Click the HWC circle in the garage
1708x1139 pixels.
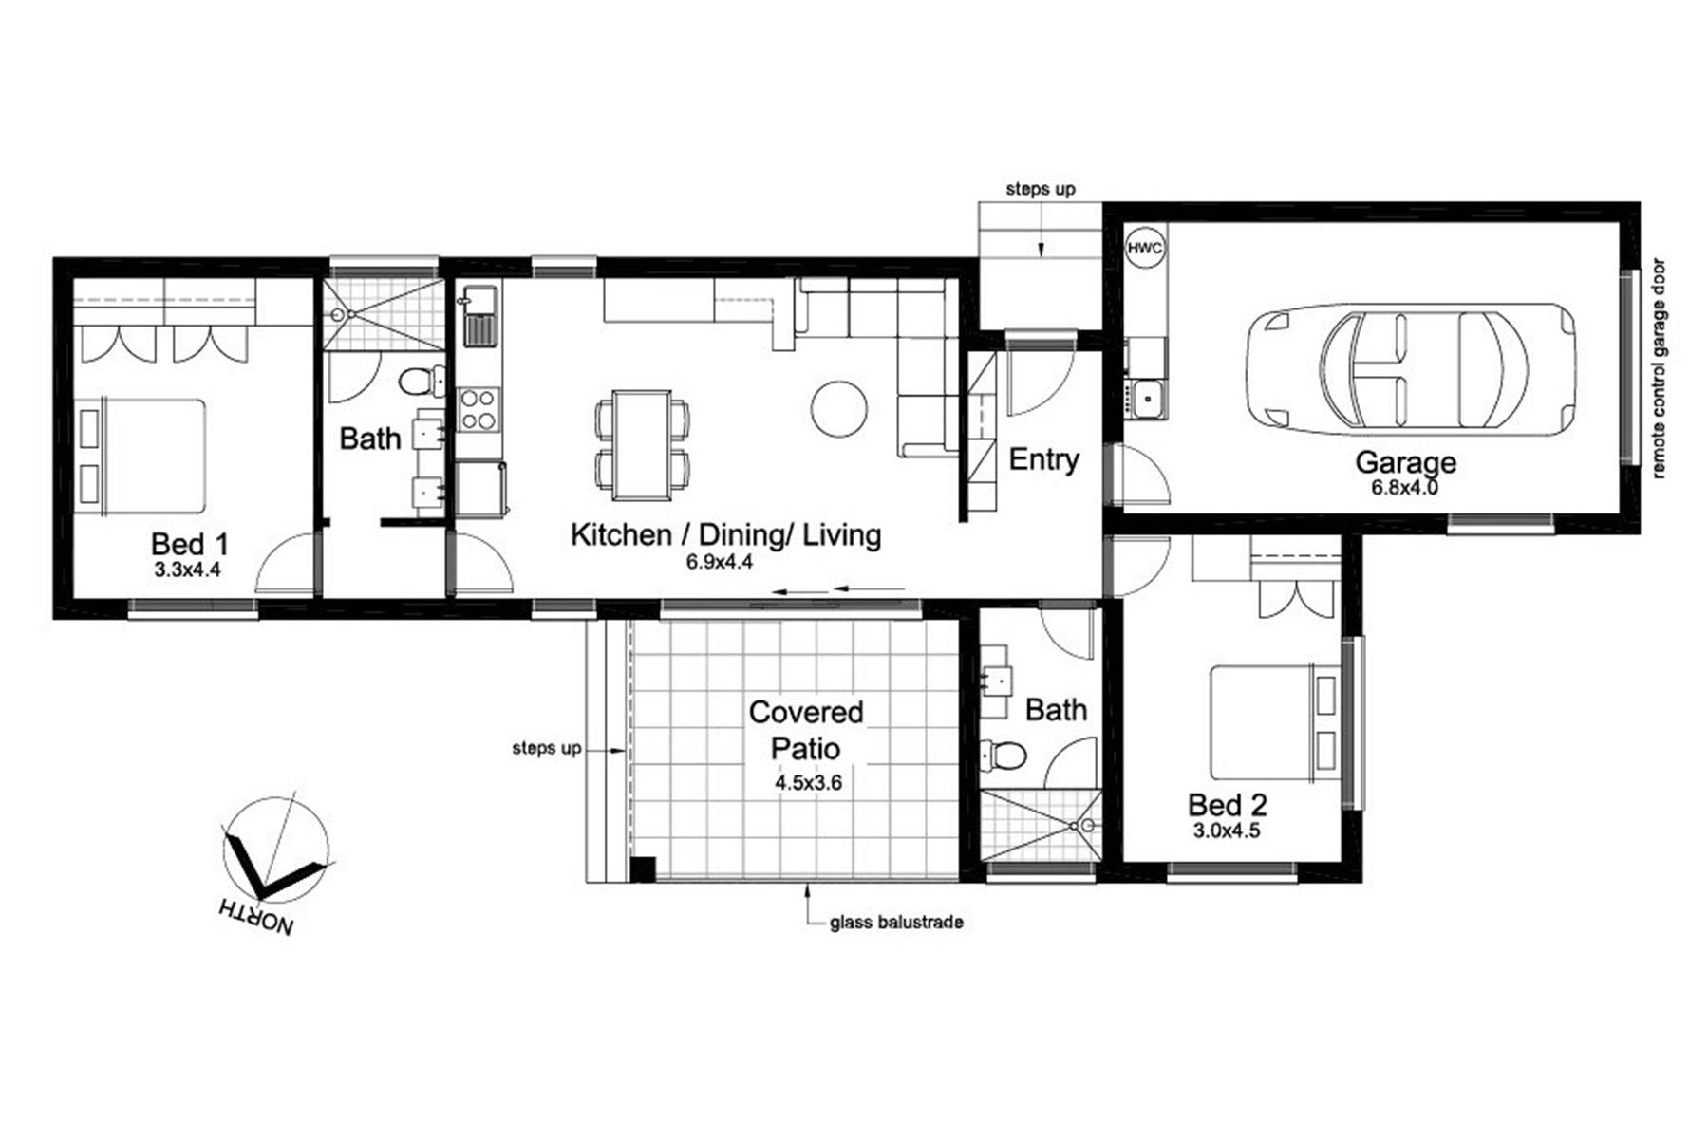1144,249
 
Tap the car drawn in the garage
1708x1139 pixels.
1411,369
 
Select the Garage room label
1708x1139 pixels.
1405,462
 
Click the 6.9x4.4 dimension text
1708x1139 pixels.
720,562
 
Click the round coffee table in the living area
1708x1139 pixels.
839,409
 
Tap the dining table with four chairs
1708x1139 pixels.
643,444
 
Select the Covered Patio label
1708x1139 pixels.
806,730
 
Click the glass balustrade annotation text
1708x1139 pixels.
896,923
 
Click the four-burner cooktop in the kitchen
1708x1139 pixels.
479,409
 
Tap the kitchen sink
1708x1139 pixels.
480,316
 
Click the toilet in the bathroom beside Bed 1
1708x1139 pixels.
421,383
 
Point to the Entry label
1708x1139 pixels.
1043,459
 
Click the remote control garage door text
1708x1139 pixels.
1659,368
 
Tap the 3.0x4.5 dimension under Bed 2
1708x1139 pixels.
1227,831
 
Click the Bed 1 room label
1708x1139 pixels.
190,544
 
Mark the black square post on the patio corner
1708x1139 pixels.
644,868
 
